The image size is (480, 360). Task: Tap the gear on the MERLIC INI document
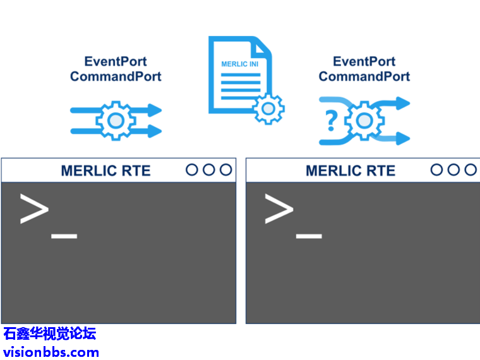pos(268,108)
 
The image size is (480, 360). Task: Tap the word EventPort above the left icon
pos(116,62)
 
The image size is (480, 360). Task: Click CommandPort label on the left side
pos(116,76)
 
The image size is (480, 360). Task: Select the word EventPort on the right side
pos(364,62)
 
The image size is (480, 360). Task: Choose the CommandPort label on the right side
pos(364,76)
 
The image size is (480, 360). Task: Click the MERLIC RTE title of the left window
pos(105,171)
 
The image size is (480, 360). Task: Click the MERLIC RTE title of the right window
pos(350,171)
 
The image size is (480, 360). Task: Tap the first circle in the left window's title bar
pos(193,169)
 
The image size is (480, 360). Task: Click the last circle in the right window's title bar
pos(470,169)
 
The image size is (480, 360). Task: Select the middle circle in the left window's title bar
pos(209,169)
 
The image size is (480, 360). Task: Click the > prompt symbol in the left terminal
pos(34,209)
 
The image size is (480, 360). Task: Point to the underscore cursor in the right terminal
pos(309,237)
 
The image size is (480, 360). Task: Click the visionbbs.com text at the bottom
pos(51,352)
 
